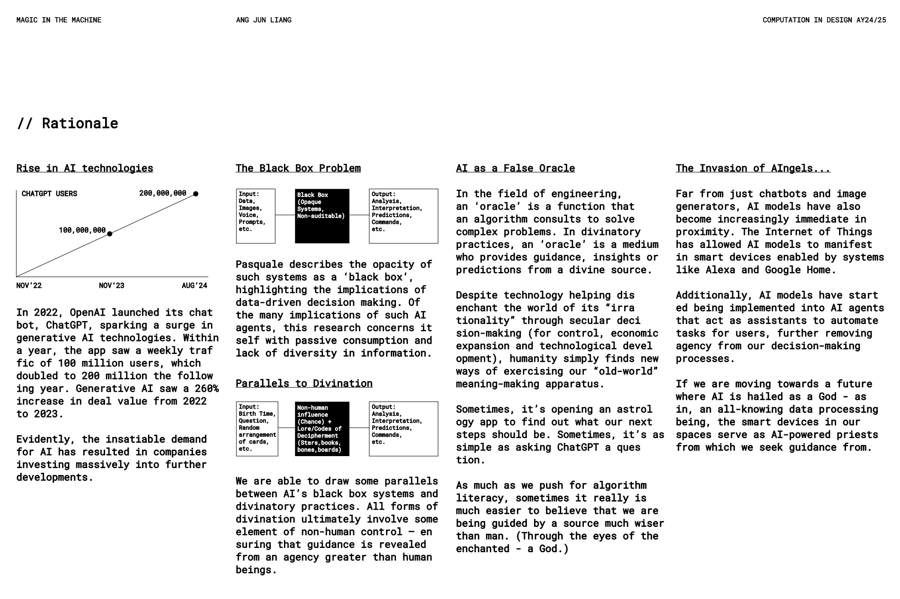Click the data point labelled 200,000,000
click(196, 194)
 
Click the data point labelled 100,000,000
click(110, 234)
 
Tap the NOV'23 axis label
click(112, 286)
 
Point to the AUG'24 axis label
click(194, 286)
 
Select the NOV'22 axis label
click(29, 286)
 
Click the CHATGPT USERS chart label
click(49, 194)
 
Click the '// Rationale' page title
click(67, 124)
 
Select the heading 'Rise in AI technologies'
click(85, 168)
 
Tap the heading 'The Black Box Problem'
click(298, 168)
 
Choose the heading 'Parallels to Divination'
click(304, 384)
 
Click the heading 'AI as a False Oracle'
click(515, 168)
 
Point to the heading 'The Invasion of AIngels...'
click(753, 168)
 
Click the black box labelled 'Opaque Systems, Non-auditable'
click(322, 216)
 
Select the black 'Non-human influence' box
click(322, 429)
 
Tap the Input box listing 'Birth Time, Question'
click(257, 429)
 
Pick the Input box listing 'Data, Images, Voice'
click(256, 216)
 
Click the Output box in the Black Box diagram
click(403, 216)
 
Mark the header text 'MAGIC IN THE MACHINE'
click(59, 20)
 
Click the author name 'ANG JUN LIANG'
click(263, 20)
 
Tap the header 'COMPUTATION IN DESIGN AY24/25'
click(824, 20)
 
